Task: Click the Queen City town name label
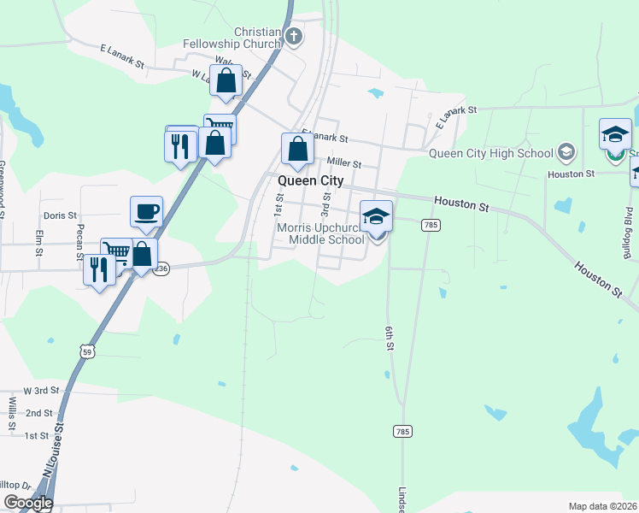point(309,181)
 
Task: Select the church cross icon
point(294,36)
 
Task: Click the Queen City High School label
point(490,154)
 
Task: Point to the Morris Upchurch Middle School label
point(320,233)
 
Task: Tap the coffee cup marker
point(146,211)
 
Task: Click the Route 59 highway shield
point(85,351)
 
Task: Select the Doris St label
point(60,216)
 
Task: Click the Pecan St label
point(79,244)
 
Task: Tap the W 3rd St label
point(42,390)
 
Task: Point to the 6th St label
point(389,334)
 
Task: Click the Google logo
point(27,503)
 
